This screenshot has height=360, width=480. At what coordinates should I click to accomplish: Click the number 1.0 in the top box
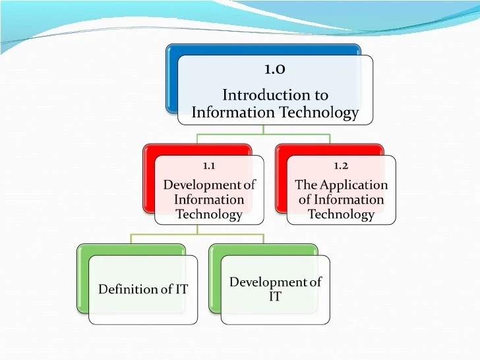275,69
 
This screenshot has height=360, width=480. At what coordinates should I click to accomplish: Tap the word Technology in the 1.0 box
319,113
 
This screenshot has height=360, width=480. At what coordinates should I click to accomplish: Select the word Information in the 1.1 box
209,199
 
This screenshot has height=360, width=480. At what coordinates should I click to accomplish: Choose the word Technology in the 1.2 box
341,214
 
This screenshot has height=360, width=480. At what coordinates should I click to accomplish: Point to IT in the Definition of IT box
180,289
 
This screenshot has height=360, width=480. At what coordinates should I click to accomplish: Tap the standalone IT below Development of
275,297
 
